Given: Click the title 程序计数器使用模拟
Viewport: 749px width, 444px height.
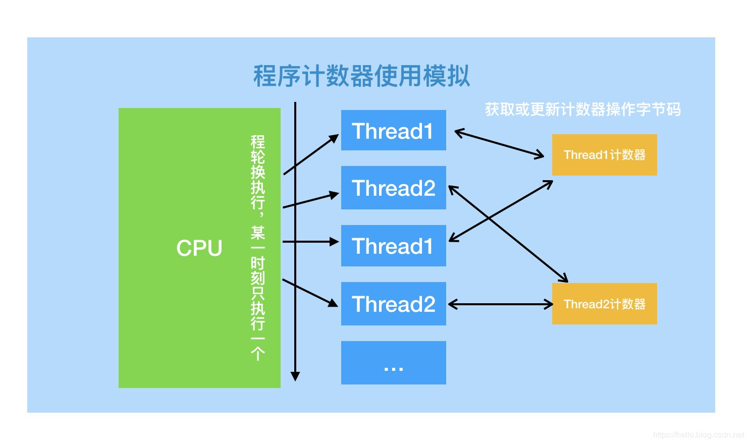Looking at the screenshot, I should pyautogui.click(x=361, y=77).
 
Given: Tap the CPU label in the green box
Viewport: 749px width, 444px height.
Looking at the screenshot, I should pyautogui.click(x=199, y=248).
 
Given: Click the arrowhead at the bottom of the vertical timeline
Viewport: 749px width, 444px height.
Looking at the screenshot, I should pyautogui.click(x=295, y=376).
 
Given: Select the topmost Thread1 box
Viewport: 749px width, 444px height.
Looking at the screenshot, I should pyautogui.click(x=393, y=131).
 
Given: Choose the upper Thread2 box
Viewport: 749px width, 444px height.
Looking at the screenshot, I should pyautogui.click(x=393, y=188).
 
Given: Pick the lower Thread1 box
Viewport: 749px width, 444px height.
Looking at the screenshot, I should pyautogui.click(x=393, y=246).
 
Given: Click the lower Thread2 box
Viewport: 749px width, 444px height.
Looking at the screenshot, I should pyautogui.click(x=393, y=304).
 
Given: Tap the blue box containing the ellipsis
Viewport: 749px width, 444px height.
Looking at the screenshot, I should pyautogui.click(x=393, y=363).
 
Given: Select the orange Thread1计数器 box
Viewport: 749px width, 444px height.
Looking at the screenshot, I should pyautogui.click(x=604, y=155).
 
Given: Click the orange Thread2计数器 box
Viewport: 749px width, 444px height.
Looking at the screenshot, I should pyautogui.click(x=604, y=304).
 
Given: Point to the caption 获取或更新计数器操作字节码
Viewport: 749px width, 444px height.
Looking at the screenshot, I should pyautogui.click(x=582, y=109).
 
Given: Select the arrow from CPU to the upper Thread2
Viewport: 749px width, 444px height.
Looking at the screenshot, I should pyautogui.click(x=310, y=200).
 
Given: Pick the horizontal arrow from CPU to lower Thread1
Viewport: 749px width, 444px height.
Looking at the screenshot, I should pyautogui.click(x=310, y=242).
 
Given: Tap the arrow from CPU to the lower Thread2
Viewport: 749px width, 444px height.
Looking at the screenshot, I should pyautogui.click(x=310, y=293).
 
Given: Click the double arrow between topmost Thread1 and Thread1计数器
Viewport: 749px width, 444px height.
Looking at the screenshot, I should pyautogui.click(x=499, y=144).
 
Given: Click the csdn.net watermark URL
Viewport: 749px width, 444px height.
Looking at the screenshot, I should pyautogui.click(x=699, y=435).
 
